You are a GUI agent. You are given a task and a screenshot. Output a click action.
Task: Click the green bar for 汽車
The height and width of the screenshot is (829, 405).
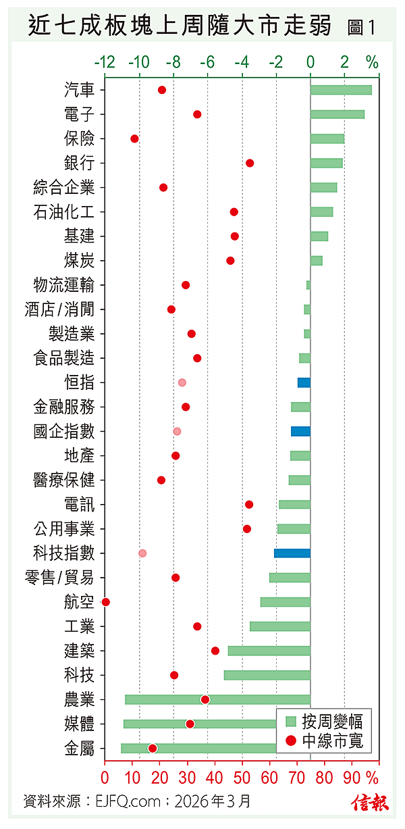[x=341, y=90]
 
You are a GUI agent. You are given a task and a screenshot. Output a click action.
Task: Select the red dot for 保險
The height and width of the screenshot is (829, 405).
[x=134, y=139]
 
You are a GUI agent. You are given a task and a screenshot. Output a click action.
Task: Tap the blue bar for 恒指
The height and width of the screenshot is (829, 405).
[x=304, y=382]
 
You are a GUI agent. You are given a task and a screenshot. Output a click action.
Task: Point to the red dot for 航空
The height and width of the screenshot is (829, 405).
[x=105, y=602]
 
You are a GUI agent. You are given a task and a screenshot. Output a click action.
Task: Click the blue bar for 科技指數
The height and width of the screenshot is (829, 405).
[x=292, y=553]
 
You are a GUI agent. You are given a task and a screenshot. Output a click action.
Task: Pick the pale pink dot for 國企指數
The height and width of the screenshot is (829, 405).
[x=177, y=431]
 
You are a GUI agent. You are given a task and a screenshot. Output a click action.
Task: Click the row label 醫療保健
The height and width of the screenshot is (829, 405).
[x=64, y=480]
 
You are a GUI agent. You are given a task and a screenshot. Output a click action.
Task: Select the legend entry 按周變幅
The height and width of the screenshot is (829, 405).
[x=324, y=721]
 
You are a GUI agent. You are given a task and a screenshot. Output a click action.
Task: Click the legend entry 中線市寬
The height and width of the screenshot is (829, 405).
[x=324, y=741]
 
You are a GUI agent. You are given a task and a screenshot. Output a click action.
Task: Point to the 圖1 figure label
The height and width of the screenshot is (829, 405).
[x=361, y=28]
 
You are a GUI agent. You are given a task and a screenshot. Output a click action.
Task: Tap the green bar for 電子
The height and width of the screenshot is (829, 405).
[x=337, y=114]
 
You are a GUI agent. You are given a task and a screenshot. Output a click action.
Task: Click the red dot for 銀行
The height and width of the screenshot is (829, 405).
[x=250, y=163]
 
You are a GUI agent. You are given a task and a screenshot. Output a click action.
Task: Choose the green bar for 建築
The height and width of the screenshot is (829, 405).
[x=269, y=651]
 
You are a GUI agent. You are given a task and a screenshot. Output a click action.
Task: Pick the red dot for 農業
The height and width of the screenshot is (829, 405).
[x=205, y=699]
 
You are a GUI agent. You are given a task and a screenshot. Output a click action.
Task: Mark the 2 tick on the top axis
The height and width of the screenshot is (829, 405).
[x=345, y=63]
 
